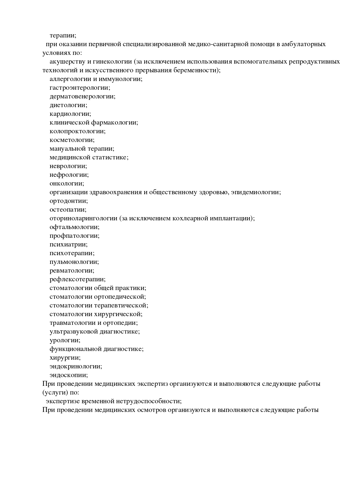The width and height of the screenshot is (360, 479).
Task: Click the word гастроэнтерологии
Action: click(80, 88)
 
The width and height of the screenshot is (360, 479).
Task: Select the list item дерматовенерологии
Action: click(82, 96)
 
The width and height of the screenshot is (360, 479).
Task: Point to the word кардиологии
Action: click(70, 114)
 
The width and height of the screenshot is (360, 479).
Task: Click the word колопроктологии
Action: click(77, 131)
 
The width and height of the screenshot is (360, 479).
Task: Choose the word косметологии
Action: click(72, 140)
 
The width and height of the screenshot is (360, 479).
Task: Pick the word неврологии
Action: click(68, 166)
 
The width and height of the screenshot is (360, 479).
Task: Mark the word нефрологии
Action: click(69, 175)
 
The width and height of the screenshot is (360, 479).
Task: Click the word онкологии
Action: click(66, 183)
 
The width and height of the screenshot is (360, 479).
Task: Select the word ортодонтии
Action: click(69, 201)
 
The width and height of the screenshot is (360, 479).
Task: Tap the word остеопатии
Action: click(68, 210)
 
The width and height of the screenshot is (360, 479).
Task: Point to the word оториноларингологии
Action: click(83, 218)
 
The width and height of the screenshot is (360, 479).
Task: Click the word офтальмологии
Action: click(74, 227)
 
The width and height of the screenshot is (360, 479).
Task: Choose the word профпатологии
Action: click(74, 236)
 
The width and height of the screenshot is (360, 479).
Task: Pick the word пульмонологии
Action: click(74, 262)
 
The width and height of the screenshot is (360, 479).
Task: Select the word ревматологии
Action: click(72, 271)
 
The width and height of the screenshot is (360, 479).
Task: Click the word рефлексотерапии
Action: click(77, 279)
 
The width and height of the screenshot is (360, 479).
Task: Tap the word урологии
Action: click(65, 340)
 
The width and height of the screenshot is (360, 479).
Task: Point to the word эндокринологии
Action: click(75, 366)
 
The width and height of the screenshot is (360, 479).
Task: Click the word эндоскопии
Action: click(69, 375)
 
